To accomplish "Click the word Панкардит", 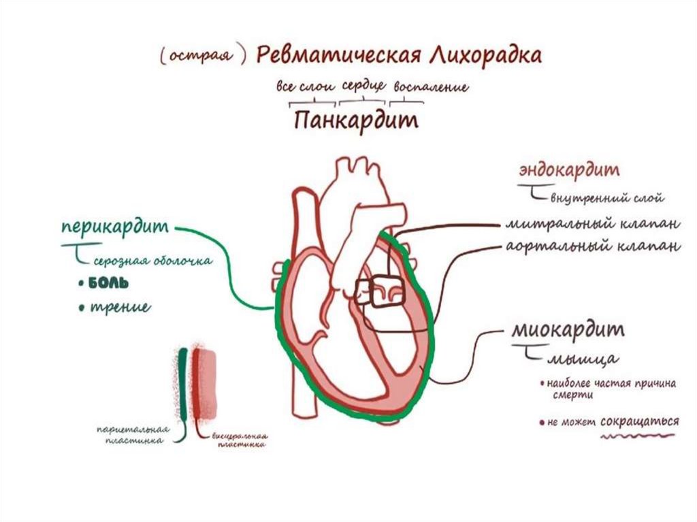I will coord(356,121).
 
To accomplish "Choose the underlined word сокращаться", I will coord(640,421).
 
